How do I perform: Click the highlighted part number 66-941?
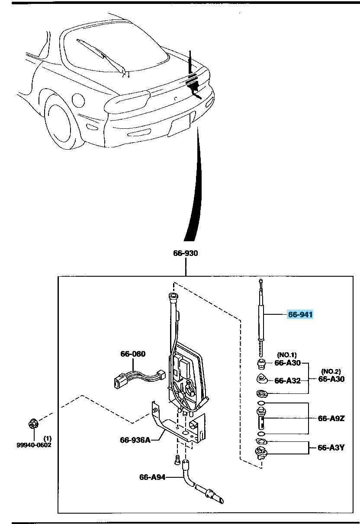click(300, 315)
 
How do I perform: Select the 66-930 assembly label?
click(185, 253)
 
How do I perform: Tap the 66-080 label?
click(133, 354)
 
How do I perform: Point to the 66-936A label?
click(135, 440)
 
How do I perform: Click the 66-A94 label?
click(152, 477)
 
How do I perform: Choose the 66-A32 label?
click(287, 381)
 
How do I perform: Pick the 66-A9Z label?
click(331, 418)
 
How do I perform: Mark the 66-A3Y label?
click(331, 448)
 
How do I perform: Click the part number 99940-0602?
click(31, 445)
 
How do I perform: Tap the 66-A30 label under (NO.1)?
click(287, 363)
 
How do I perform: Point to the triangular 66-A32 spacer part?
click(262, 379)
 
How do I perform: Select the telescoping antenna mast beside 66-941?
click(261, 316)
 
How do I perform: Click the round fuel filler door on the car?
click(78, 100)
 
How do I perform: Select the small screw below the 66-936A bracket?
click(177, 461)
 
